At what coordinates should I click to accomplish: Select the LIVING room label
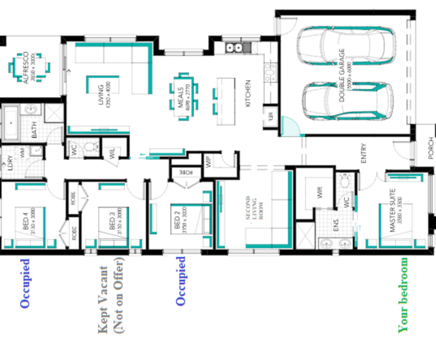(x=104, y=94)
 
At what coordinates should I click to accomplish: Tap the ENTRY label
(x=363, y=153)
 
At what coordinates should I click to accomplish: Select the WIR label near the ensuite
(x=320, y=193)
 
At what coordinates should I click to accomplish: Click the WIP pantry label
(x=209, y=163)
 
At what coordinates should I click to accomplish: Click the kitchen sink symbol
(x=234, y=48)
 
